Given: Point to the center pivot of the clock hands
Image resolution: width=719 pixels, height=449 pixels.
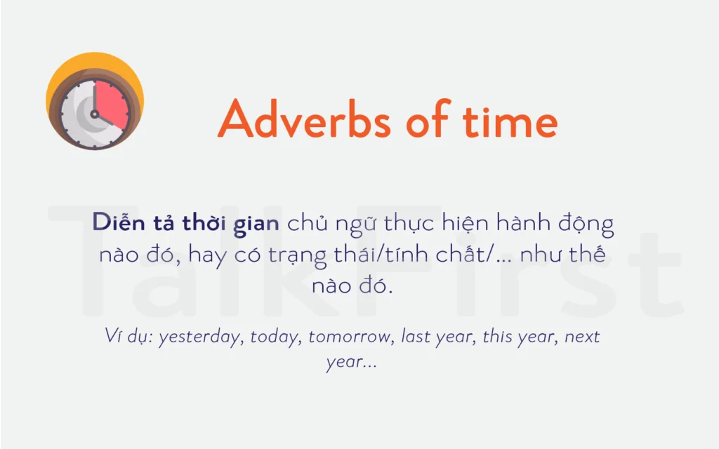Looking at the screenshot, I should [x=94, y=113].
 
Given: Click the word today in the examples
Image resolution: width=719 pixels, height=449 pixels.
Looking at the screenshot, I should [x=276, y=337].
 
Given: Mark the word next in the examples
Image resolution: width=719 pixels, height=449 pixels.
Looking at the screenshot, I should [x=582, y=337].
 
